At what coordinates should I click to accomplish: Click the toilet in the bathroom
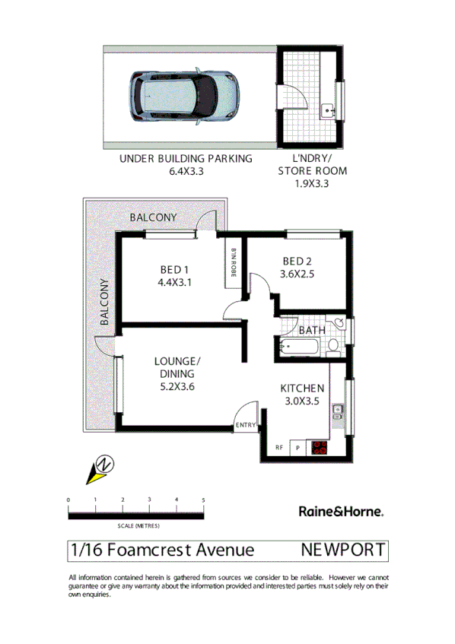point(334,347)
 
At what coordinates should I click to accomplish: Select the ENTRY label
point(246,425)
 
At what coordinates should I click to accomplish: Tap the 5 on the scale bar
point(203,500)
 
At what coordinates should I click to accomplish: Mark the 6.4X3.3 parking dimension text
point(186,172)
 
